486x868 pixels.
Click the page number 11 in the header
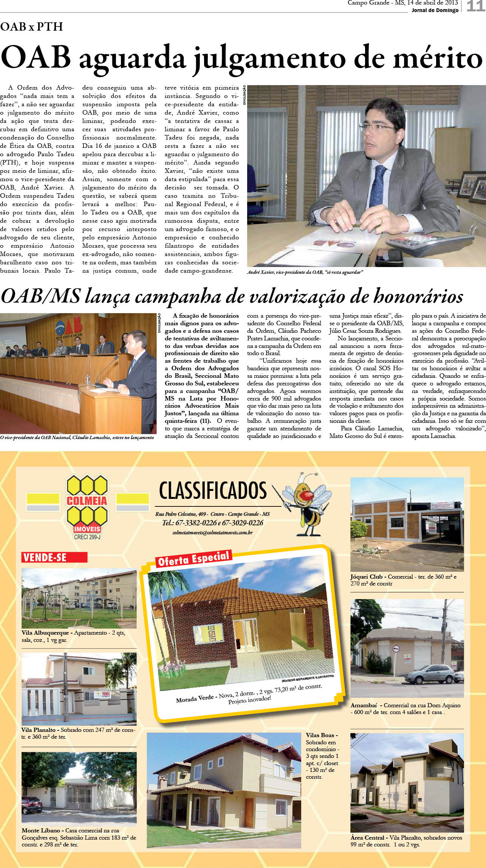[x=475, y=6]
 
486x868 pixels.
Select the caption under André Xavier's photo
[x=305, y=272]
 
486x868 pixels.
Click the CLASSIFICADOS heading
[x=213, y=491]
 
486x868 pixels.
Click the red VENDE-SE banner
[x=54, y=557]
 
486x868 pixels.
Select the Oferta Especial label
[x=193, y=558]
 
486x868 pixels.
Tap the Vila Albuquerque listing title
[x=45, y=632]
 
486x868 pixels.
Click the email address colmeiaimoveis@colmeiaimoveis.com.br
[x=212, y=532]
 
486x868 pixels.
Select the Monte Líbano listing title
[x=40, y=831]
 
